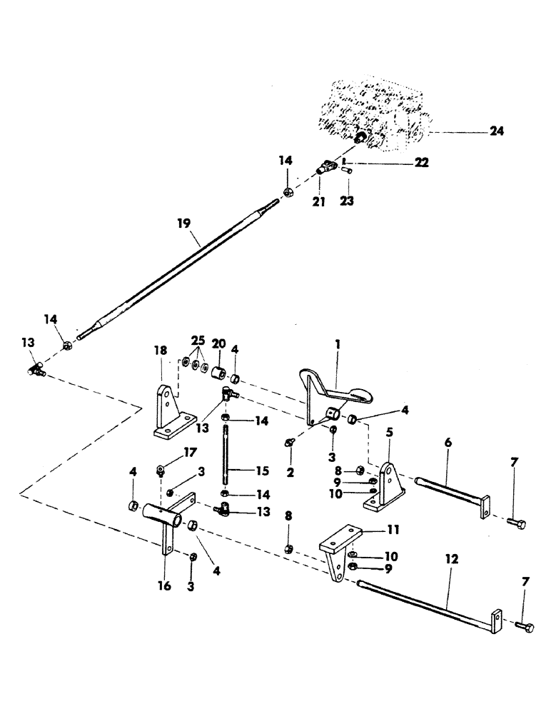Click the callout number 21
(319, 202)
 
